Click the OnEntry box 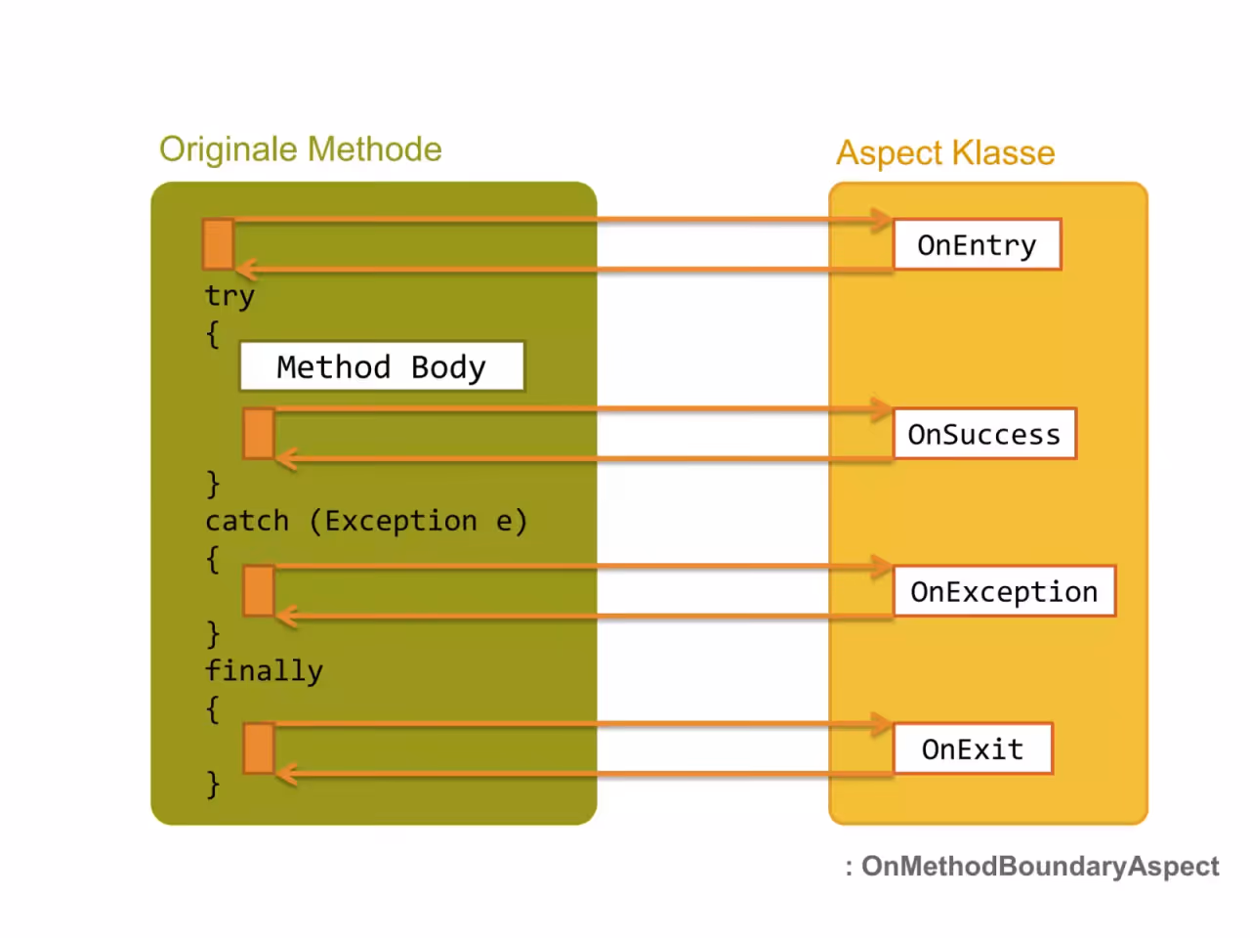point(978,243)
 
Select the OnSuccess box point(984,434)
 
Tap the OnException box point(1004,590)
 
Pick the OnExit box point(973,748)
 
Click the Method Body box point(382,366)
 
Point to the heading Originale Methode point(301,149)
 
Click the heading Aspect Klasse point(945,152)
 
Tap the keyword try point(229,296)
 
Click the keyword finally point(265,670)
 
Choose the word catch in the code point(247,521)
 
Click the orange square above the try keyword point(219,243)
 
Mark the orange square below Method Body point(259,434)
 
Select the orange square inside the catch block point(259,590)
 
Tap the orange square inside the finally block point(259,748)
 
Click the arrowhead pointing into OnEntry point(882,220)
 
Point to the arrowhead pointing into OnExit point(882,724)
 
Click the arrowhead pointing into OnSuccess point(882,409)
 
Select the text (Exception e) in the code point(419,521)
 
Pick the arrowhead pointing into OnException point(882,566)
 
